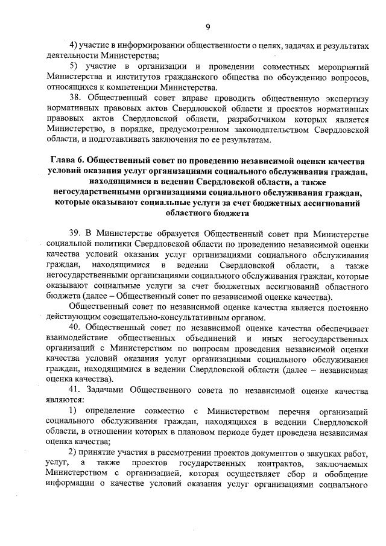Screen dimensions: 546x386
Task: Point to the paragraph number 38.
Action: (x=77, y=97)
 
